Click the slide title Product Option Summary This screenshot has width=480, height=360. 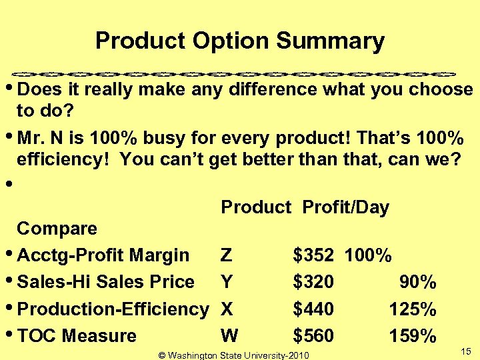tap(240, 41)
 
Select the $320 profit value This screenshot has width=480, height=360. tap(313, 282)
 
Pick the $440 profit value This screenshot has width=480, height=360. tap(313, 309)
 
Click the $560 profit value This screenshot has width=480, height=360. tap(313, 335)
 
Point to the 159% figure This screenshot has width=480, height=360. tap(413, 335)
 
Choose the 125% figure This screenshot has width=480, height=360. tap(413, 309)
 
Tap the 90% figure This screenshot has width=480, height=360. tap(418, 282)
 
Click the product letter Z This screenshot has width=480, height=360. tap(226, 255)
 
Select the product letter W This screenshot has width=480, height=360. tap(229, 335)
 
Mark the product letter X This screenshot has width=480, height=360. tap(227, 309)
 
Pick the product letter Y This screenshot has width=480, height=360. tap(227, 282)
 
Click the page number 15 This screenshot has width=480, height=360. tap(466, 351)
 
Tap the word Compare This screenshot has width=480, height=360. tap(57, 229)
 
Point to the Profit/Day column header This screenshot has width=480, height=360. tap(345, 207)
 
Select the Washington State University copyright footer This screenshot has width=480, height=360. tap(234, 355)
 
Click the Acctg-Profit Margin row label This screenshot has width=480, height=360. tap(103, 255)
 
